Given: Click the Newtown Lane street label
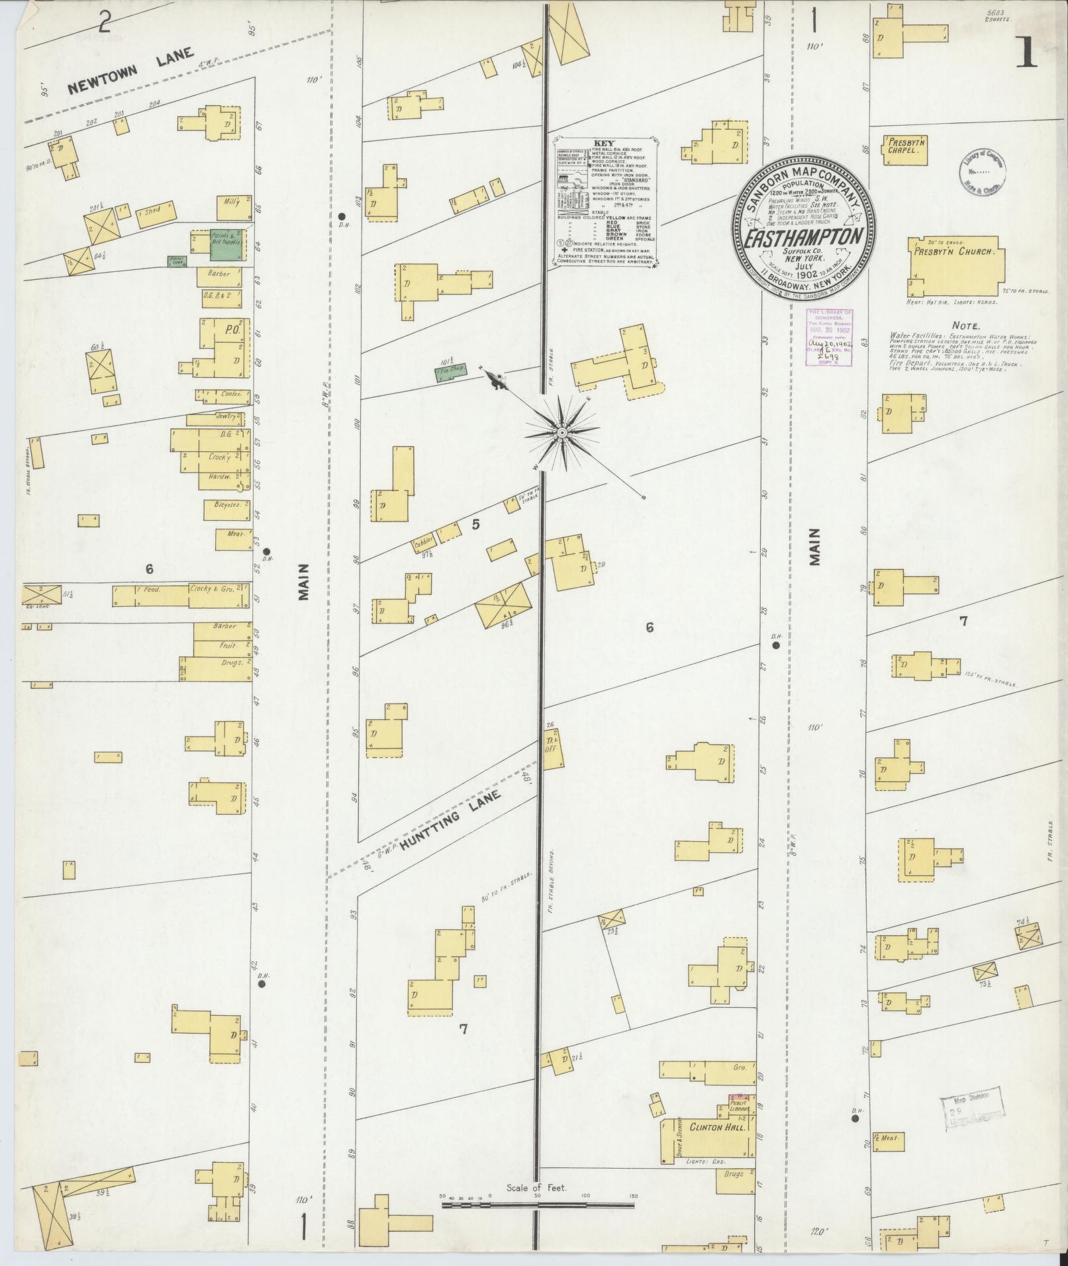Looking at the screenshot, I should [x=130, y=73].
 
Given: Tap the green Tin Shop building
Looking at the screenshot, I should [x=451, y=371].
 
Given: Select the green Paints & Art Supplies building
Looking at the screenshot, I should [x=218, y=245].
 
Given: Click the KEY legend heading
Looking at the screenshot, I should [x=603, y=142].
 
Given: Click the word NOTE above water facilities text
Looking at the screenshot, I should [x=966, y=326].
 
